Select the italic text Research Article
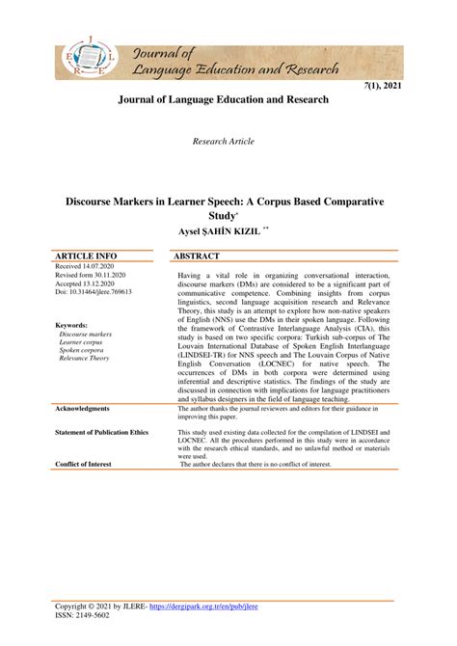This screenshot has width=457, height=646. point(224,141)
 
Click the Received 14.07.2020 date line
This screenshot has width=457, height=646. point(88,266)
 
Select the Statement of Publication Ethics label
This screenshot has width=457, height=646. point(102,433)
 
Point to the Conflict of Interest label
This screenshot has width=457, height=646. point(83,464)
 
